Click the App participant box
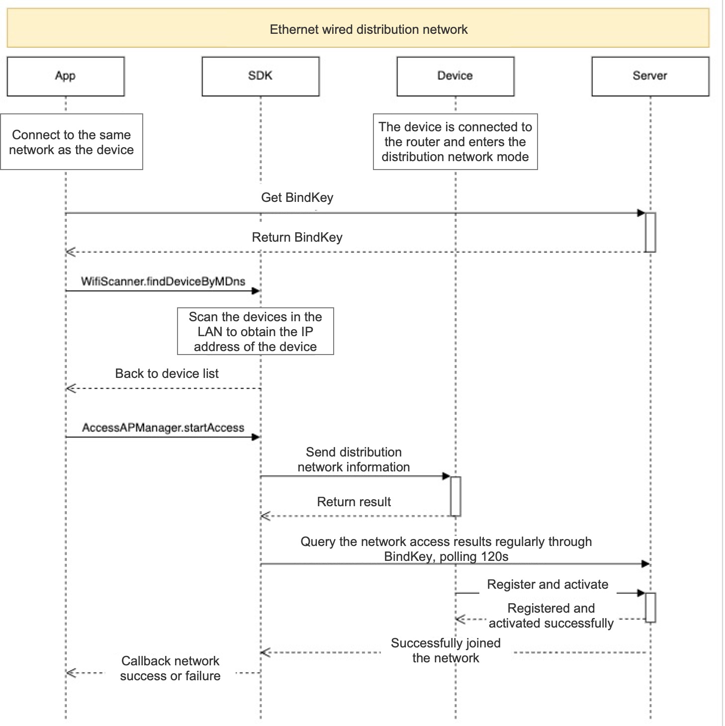(66, 76)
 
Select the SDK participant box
(261, 76)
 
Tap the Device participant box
(455, 76)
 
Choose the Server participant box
(650, 76)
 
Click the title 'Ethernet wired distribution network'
(368, 29)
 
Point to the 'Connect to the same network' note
(71, 142)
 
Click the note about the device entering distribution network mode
(455, 142)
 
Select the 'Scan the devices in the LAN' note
(256, 331)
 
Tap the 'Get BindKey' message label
(297, 197)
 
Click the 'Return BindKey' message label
(297, 237)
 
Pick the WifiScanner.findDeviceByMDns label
(163, 281)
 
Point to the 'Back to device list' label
(167, 373)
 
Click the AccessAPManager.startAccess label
(163, 428)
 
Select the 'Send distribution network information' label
(354, 459)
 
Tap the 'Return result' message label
(354, 502)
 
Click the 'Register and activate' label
(547, 584)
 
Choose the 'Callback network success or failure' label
(171, 668)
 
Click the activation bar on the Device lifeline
(455, 496)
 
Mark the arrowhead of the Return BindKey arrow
(71, 252)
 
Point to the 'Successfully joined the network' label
(446, 650)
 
